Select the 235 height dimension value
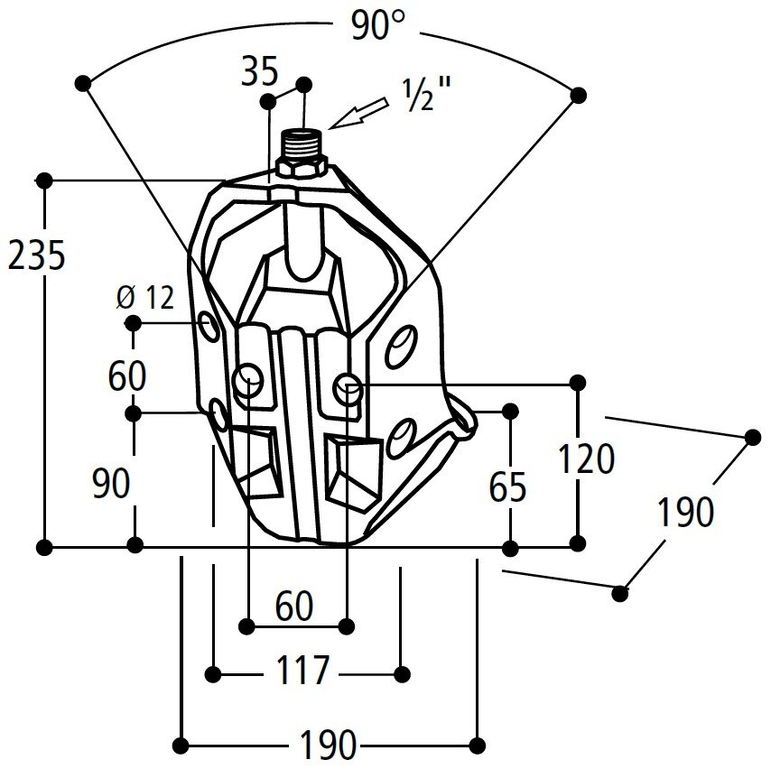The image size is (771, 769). (x=36, y=257)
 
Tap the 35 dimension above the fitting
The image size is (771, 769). (x=260, y=72)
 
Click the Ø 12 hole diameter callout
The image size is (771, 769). (x=145, y=297)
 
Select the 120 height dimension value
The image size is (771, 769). (x=587, y=459)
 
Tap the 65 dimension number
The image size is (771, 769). (x=507, y=488)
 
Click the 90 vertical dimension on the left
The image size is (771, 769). (x=111, y=485)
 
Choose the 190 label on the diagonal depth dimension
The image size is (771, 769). (x=685, y=513)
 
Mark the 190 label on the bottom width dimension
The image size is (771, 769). (x=327, y=746)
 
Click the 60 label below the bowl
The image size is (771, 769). (x=294, y=607)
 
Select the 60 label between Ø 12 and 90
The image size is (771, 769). (x=126, y=375)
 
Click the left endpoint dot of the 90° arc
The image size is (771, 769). (x=84, y=83)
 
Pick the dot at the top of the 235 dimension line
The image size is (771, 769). (x=44, y=181)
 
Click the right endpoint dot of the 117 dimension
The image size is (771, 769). (x=404, y=673)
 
